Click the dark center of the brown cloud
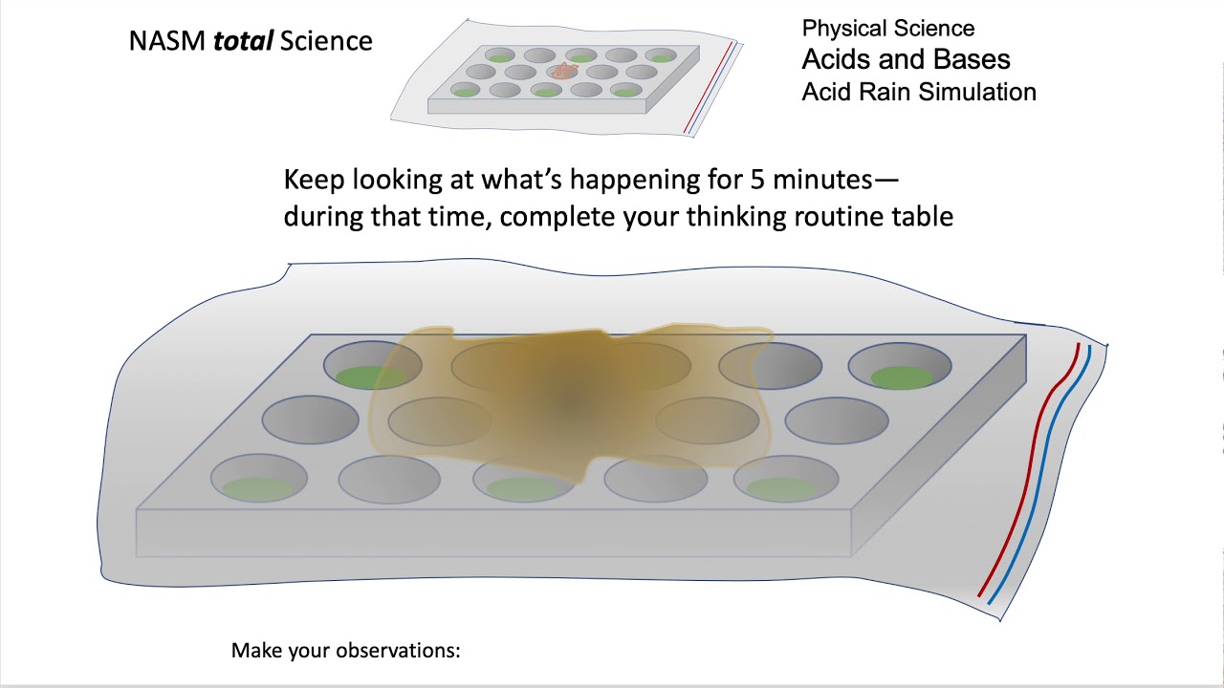[x=572, y=401]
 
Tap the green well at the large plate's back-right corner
[x=901, y=376]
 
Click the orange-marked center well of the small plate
[x=562, y=71]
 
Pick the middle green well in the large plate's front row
[x=522, y=488]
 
